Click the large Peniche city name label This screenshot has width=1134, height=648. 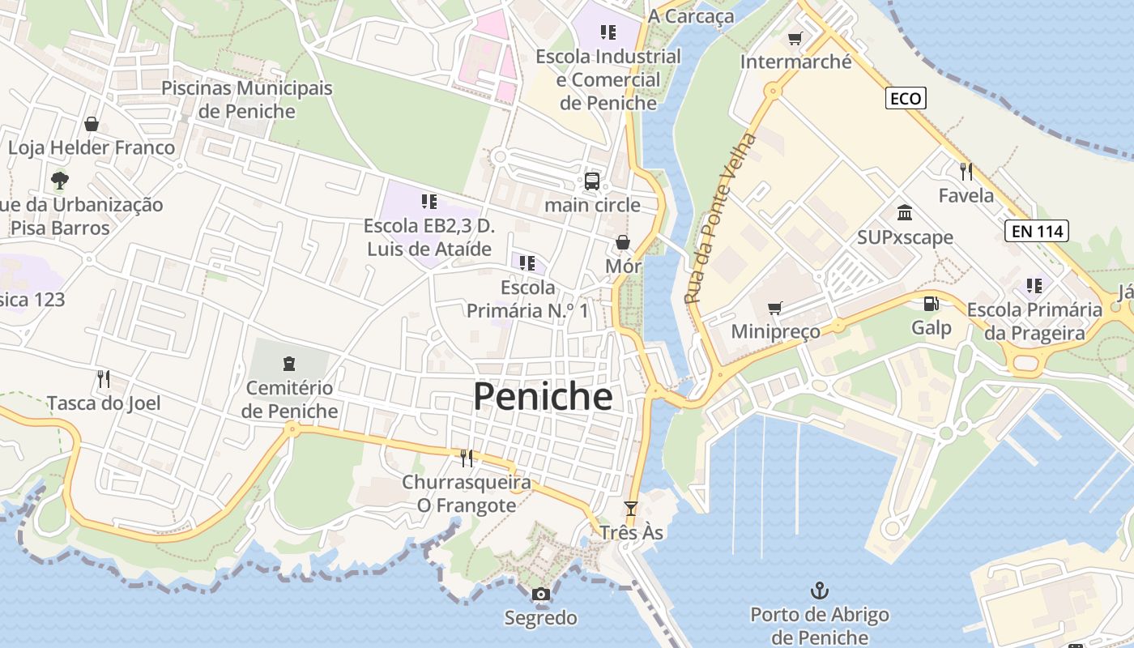[543, 397]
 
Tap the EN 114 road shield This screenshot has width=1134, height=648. [1037, 231]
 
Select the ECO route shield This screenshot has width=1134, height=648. [905, 99]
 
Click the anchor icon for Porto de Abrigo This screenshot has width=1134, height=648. [820, 590]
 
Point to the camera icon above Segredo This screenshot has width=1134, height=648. [541, 595]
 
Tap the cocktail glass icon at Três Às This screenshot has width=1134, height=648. [631, 509]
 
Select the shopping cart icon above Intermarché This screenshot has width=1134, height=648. [795, 38]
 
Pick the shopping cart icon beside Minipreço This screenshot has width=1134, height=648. [775, 308]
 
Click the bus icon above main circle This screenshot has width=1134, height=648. [592, 181]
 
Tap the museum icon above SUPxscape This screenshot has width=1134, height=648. [905, 213]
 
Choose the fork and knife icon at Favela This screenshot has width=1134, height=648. [966, 171]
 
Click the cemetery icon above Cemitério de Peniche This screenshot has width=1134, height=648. [289, 364]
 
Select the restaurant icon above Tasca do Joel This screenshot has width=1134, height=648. [103, 378]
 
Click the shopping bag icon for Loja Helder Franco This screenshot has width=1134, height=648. [92, 124]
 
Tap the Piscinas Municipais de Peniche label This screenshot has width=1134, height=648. [247, 100]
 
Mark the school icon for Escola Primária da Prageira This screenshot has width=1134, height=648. [1034, 285]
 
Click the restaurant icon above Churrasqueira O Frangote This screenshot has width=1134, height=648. [467, 458]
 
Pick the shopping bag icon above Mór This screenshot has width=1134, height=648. [623, 242]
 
